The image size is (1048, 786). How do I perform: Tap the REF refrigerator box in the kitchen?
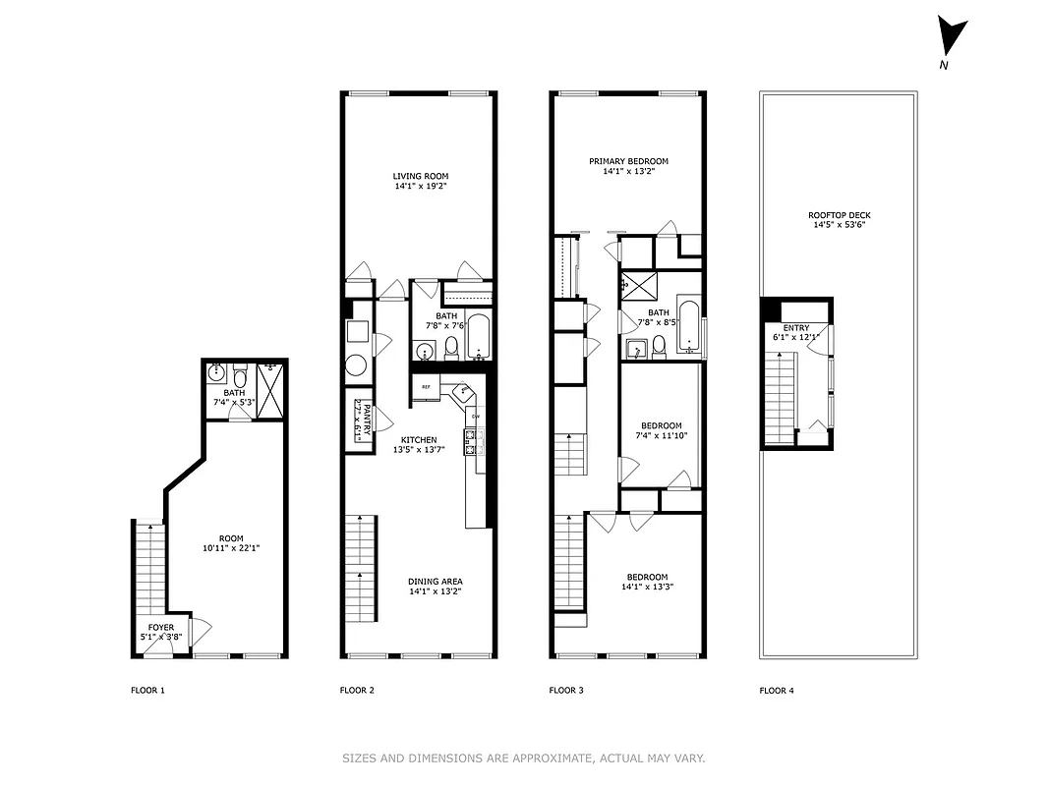click(x=426, y=387)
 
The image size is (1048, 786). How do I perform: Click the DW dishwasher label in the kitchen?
click(x=476, y=417)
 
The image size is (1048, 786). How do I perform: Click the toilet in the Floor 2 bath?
click(x=451, y=347)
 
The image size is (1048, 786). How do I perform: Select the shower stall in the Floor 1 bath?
click(x=270, y=379)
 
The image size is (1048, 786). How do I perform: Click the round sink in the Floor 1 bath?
click(x=216, y=373)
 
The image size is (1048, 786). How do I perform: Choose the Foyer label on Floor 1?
click(x=161, y=627)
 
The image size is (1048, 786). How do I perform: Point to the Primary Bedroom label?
click(x=628, y=161)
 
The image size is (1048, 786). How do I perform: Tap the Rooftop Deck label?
click(x=839, y=215)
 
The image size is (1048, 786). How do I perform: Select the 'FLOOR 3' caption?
click(x=565, y=691)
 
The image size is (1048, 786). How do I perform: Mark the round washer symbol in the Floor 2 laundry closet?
click(x=356, y=365)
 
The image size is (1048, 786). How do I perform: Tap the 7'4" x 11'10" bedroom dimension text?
click(x=658, y=435)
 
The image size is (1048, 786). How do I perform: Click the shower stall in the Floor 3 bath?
click(x=636, y=285)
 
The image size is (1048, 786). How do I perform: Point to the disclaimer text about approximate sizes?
click(x=523, y=758)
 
